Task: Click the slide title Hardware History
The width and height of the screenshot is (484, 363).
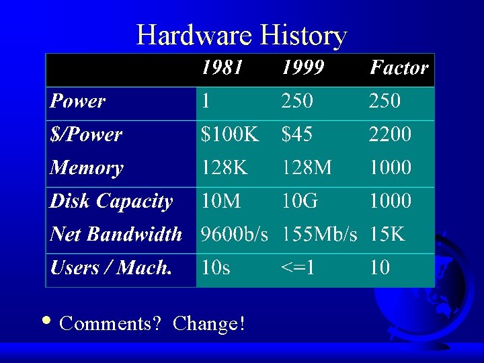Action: [x=241, y=35]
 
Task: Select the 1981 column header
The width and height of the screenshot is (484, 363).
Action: [x=222, y=68]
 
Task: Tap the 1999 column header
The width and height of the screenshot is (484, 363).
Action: [x=302, y=68]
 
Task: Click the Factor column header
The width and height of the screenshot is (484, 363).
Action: [x=399, y=68]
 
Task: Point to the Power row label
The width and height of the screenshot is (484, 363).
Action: [x=78, y=102]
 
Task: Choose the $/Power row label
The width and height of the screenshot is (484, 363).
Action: [x=86, y=134]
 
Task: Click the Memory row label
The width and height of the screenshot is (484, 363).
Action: [x=87, y=167]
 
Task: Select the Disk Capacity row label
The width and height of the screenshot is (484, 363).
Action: [x=112, y=201]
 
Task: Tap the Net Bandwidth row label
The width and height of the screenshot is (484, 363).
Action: [x=116, y=234]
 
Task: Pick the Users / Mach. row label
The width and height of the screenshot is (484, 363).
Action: [x=112, y=268]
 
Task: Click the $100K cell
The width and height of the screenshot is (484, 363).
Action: [x=230, y=134]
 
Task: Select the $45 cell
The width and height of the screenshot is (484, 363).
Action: [x=297, y=134]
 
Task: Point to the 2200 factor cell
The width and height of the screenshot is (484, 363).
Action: [x=390, y=134]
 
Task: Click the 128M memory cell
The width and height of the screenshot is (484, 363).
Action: [x=307, y=167]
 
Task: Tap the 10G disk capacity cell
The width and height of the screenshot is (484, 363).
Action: [x=300, y=201]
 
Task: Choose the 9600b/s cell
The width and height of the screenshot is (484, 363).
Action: [x=235, y=234]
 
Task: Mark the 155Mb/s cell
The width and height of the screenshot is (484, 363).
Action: [x=319, y=234]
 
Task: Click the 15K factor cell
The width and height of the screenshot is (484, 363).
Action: [x=387, y=234]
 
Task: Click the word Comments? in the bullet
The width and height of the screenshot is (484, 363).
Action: [x=110, y=323]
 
